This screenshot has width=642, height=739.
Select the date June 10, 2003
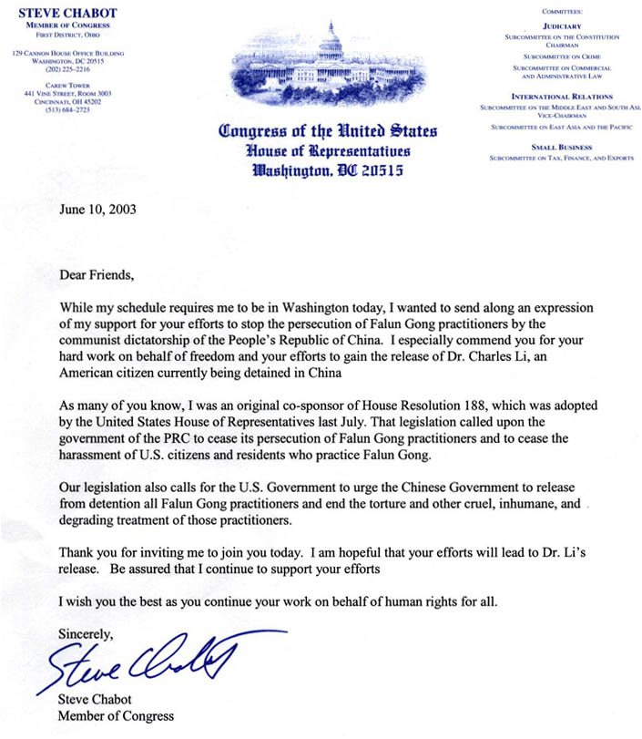(x=97, y=208)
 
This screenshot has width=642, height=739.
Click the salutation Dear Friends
(x=97, y=274)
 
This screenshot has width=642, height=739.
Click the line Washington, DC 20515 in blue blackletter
(x=329, y=169)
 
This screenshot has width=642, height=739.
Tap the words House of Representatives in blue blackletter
(x=329, y=150)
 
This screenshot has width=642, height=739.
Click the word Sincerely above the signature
(x=86, y=632)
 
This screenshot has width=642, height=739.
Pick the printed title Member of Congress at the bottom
(x=116, y=715)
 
